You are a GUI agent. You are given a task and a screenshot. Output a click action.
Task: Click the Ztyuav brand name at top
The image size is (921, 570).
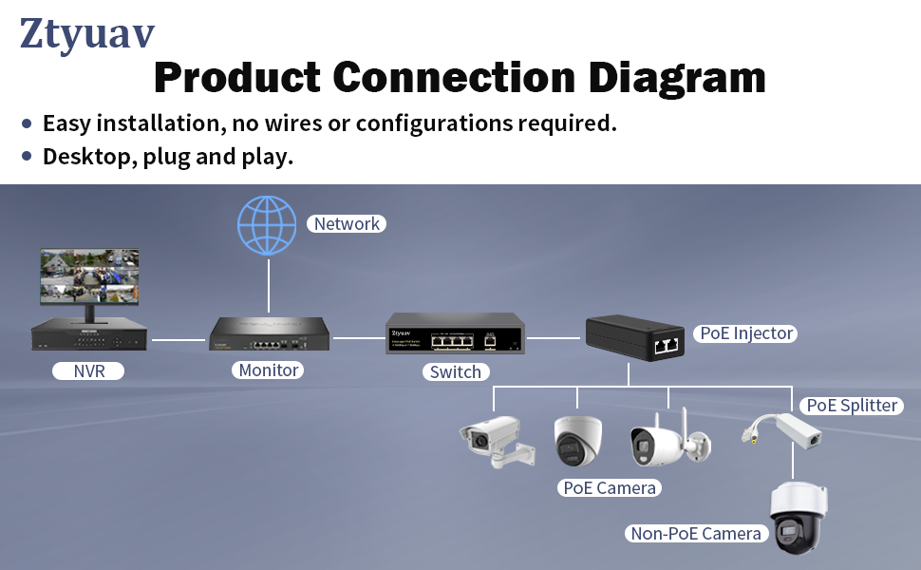[86, 33]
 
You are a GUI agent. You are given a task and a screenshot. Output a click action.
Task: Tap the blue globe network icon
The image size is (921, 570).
[267, 225]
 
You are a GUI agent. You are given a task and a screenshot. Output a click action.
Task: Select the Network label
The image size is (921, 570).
[347, 224]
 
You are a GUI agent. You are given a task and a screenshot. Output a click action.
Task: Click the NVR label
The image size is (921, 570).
[88, 370]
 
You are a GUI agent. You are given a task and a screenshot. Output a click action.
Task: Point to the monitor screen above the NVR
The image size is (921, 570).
[89, 276]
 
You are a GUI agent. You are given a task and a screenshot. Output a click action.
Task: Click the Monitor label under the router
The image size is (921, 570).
[269, 370]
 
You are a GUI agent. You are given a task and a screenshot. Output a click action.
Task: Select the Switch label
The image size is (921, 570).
[455, 371]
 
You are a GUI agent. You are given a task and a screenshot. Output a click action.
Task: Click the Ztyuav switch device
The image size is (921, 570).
[455, 333]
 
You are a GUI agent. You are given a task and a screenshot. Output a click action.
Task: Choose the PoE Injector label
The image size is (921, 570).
[746, 333]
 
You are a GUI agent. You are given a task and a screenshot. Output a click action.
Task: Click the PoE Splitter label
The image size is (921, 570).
[852, 406]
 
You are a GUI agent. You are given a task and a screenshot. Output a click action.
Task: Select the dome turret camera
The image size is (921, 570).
[577, 440]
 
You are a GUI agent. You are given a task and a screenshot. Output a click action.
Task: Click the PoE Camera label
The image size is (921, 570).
[610, 487]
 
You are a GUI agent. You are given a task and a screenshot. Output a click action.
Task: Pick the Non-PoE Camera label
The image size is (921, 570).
[696, 533]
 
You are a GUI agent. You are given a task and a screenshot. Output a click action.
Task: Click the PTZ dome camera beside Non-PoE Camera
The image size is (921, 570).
[798, 519]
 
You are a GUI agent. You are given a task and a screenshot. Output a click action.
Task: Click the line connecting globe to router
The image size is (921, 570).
[269, 285]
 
